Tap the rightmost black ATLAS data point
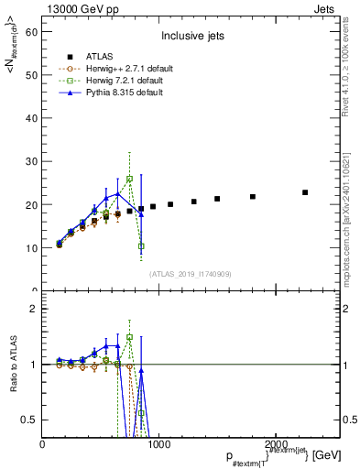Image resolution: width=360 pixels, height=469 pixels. click(x=305, y=192)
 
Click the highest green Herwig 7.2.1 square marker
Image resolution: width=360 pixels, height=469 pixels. click(x=130, y=179)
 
